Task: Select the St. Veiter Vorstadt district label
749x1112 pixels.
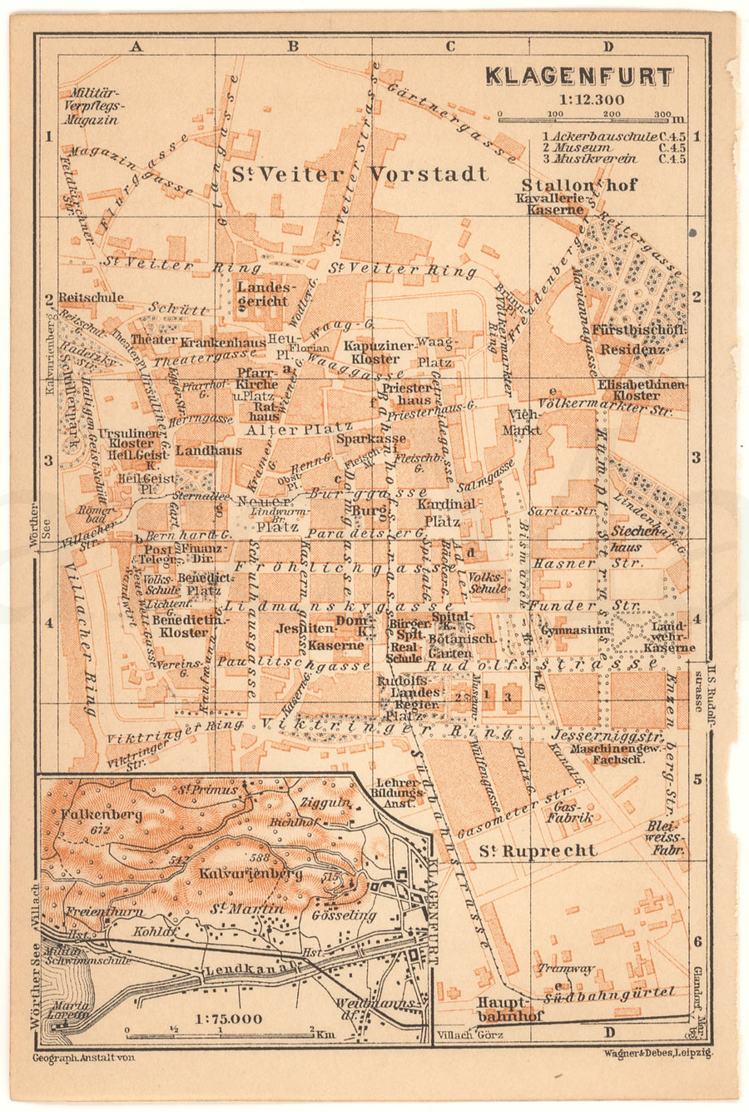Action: point(360,174)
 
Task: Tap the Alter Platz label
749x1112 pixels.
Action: point(283,430)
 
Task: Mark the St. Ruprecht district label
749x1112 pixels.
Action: point(538,850)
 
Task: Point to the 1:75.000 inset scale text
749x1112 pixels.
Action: point(226,1018)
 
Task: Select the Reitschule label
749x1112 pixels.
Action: point(92,297)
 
